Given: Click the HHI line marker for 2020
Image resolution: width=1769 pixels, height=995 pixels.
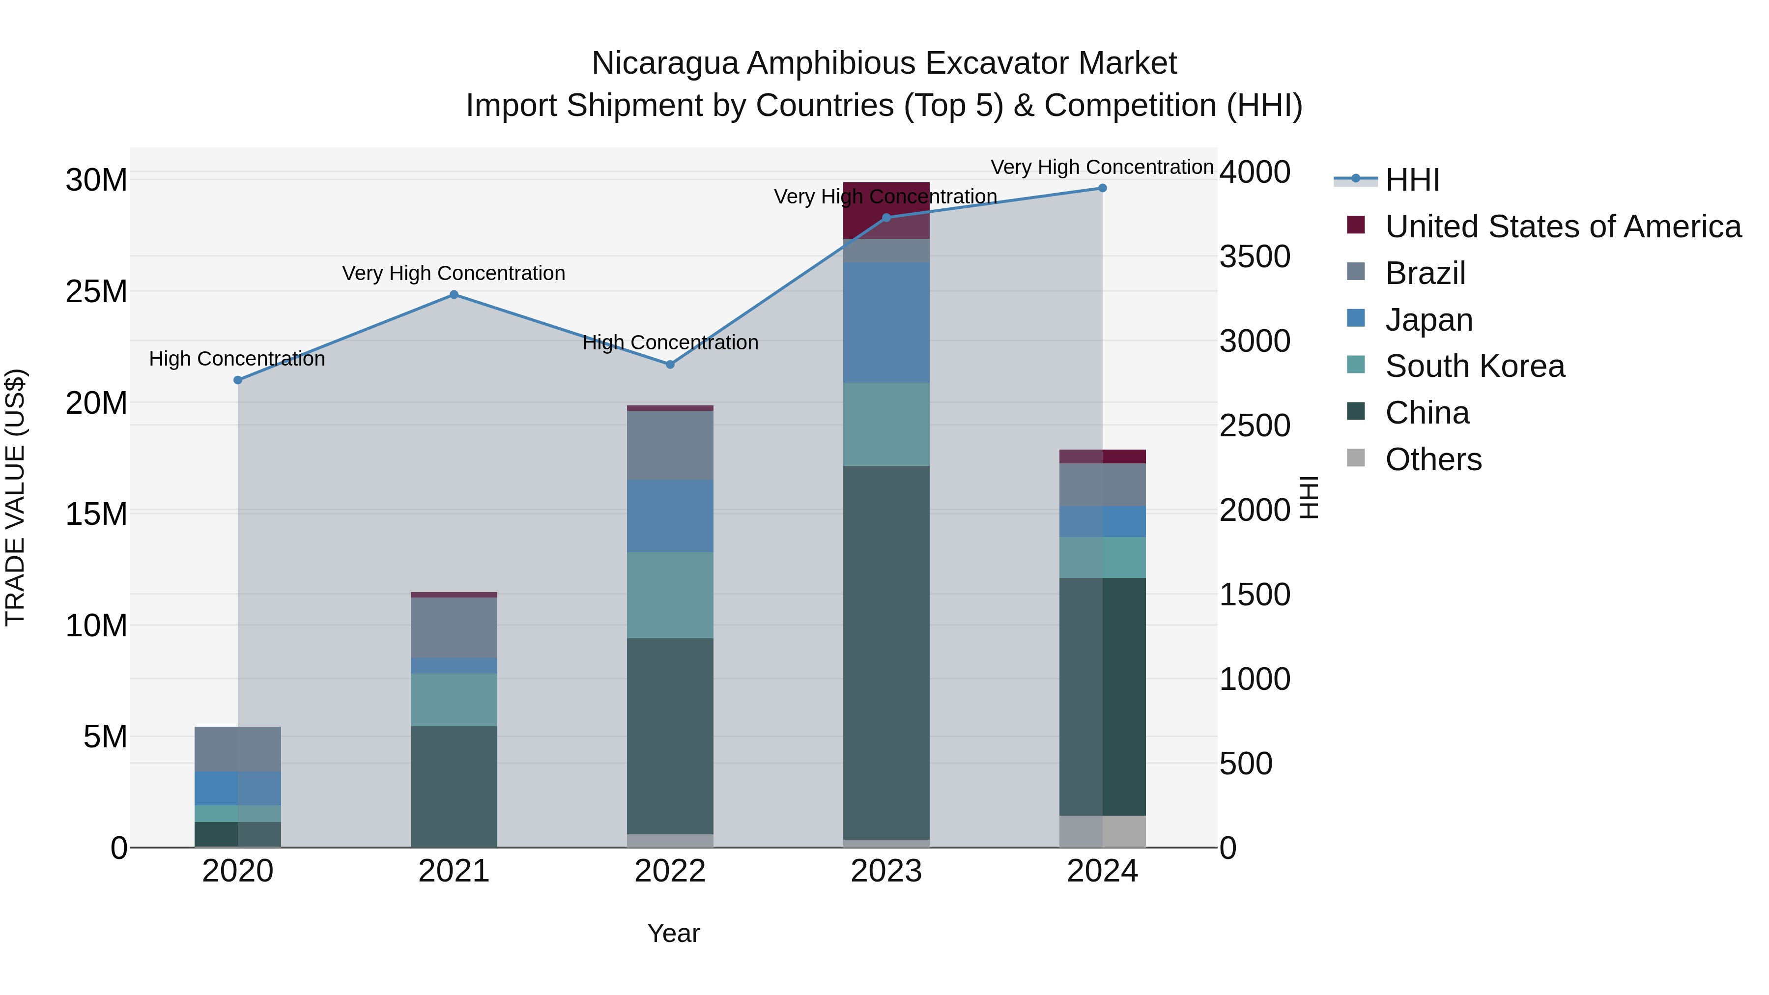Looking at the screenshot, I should [238, 380].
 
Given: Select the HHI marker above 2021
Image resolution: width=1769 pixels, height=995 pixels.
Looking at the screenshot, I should [454, 295].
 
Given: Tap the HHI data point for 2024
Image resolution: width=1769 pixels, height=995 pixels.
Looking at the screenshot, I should [1102, 188].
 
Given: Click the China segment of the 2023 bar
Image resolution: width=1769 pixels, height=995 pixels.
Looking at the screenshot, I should [886, 653].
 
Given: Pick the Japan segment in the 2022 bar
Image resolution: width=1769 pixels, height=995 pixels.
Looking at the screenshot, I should [670, 516].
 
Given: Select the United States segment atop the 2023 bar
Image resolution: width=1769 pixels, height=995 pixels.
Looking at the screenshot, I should [886, 210].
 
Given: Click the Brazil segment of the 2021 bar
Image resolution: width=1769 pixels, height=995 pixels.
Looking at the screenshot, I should [454, 627].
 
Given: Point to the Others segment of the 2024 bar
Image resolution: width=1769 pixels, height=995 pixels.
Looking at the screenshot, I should [1102, 831].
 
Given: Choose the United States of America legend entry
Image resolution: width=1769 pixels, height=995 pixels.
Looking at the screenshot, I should [1562, 227].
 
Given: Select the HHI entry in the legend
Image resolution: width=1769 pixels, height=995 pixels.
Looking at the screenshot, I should [1412, 180].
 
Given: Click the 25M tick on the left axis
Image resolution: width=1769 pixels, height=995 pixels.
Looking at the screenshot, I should [96, 292].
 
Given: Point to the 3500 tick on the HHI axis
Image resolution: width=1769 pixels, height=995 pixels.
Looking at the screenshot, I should [1255, 257].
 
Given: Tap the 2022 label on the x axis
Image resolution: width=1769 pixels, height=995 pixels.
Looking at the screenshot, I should [670, 871].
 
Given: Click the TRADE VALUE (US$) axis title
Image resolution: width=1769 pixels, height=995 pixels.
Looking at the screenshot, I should [16, 497].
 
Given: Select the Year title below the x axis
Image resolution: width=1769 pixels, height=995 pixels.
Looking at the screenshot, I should [673, 933].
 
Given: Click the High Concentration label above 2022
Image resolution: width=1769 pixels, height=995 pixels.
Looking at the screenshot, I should [670, 342].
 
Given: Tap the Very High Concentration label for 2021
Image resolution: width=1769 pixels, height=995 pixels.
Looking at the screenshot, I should [454, 273].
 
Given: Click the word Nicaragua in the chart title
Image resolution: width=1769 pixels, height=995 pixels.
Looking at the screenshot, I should [665, 63].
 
